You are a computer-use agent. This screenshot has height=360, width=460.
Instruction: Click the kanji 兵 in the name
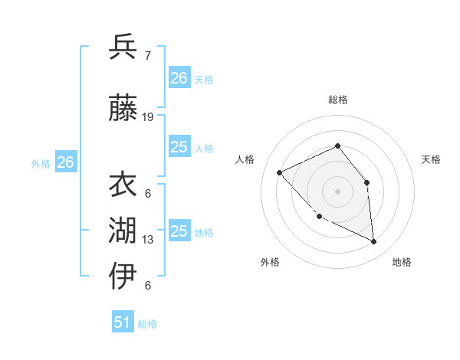(123, 47)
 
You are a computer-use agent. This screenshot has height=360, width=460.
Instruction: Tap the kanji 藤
(123, 109)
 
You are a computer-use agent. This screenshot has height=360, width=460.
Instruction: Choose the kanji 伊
(123, 276)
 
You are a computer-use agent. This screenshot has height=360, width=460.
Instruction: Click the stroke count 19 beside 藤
(148, 117)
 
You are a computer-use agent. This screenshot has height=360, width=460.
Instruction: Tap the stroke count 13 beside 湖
(148, 240)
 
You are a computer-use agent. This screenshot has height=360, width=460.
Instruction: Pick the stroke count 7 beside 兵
(147, 56)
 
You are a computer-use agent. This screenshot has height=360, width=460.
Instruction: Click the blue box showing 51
(123, 322)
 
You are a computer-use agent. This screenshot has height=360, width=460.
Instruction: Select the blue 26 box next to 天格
(179, 77)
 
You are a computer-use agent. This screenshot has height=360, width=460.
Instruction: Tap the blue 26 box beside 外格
(65, 162)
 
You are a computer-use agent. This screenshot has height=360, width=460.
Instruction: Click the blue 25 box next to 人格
(179, 147)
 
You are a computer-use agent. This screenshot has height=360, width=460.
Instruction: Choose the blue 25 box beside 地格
(179, 231)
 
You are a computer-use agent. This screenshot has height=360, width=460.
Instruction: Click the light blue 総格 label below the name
(147, 324)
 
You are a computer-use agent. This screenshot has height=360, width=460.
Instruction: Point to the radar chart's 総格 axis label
(337, 100)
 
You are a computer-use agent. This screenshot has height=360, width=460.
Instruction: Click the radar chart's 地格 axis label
(402, 262)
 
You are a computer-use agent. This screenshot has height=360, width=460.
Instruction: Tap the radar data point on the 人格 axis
(280, 172)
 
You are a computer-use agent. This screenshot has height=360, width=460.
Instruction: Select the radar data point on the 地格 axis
(373, 241)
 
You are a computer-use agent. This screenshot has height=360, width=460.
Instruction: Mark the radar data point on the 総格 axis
(337, 146)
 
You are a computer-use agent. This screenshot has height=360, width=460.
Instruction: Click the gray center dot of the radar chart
(337, 191)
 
